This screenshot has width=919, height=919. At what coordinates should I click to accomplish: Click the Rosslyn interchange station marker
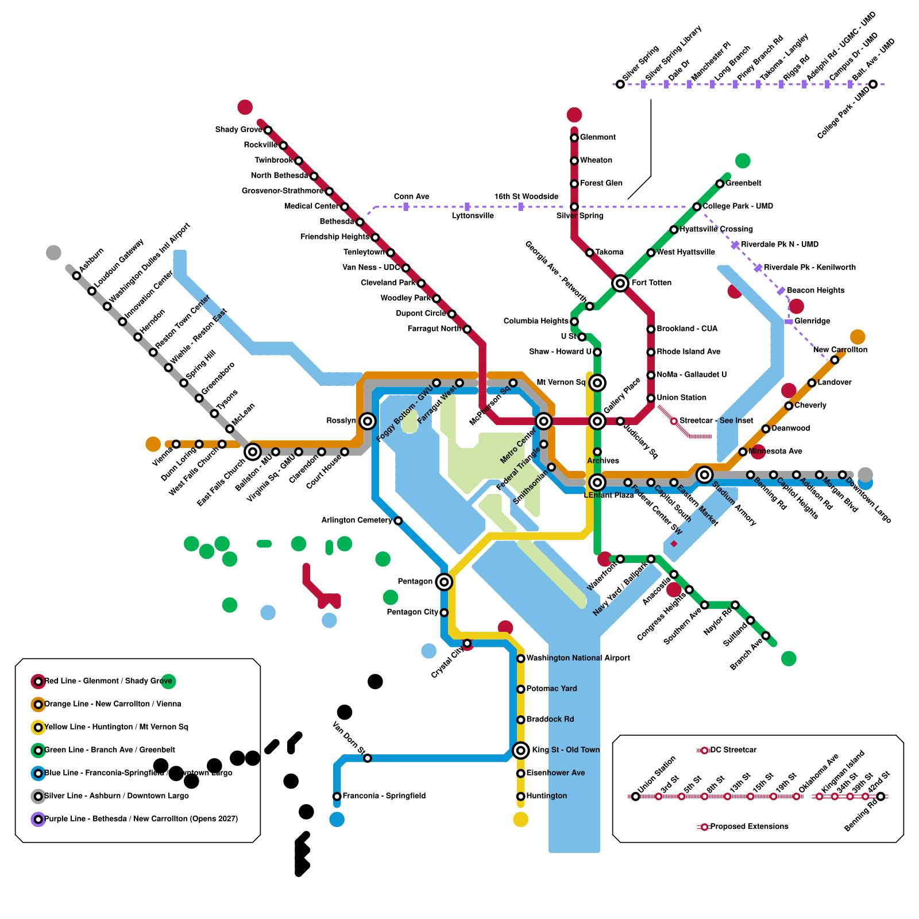click(x=368, y=421)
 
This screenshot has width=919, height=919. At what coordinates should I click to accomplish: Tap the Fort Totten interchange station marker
click(x=620, y=283)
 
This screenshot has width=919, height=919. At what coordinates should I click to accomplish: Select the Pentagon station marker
click(x=443, y=582)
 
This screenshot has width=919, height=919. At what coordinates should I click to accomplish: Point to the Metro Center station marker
click(x=543, y=421)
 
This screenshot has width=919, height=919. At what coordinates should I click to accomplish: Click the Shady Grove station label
click(x=238, y=130)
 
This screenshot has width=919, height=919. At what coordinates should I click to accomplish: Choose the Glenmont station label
click(x=597, y=137)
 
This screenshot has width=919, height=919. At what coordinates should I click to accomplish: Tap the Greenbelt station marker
click(x=720, y=184)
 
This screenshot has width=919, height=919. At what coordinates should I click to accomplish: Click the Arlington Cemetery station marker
click(x=398, y=521)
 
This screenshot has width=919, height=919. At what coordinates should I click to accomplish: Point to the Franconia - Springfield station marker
click(x=337, y=796)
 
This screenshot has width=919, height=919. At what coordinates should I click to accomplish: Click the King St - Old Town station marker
click(x=520, y=750)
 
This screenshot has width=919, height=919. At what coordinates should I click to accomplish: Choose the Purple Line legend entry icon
click(x=38, y=819)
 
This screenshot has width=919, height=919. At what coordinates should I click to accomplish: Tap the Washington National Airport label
click(x=578, y=658)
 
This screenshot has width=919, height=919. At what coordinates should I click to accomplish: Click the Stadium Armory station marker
click(x=704, y=474)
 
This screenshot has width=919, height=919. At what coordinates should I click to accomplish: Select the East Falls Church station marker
click(x=253, y=452)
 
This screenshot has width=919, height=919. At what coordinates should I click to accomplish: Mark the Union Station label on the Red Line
click(x=681, y=397)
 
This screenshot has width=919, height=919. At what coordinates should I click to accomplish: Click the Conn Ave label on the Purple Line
click(x=411, y=197)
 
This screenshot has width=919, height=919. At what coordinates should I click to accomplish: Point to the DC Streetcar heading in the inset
click(x=733, y=750)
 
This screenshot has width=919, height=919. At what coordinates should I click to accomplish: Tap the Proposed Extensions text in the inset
click(x=749, y=827)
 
